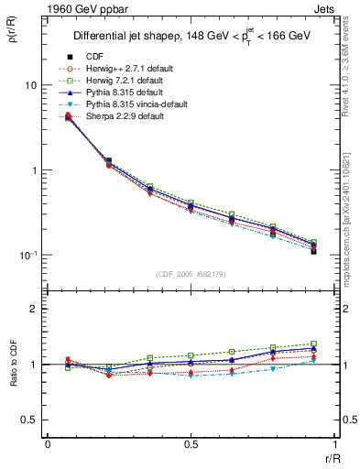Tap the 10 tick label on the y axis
30,85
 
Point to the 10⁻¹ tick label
28,256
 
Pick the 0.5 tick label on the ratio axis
29,420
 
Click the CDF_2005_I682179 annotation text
190,272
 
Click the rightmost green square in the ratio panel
313,344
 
